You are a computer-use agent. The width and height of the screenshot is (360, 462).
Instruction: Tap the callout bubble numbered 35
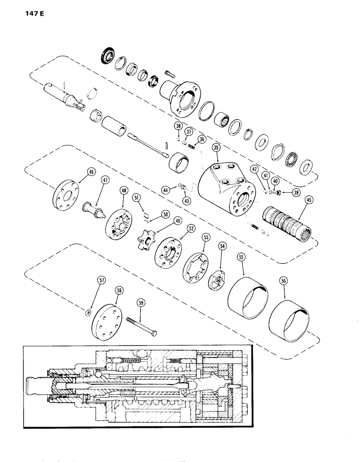click(x=216, y=148)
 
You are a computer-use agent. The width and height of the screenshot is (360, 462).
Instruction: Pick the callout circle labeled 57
click(x=88, y=292)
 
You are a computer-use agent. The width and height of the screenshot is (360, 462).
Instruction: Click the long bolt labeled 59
click(x=141, y=326)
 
